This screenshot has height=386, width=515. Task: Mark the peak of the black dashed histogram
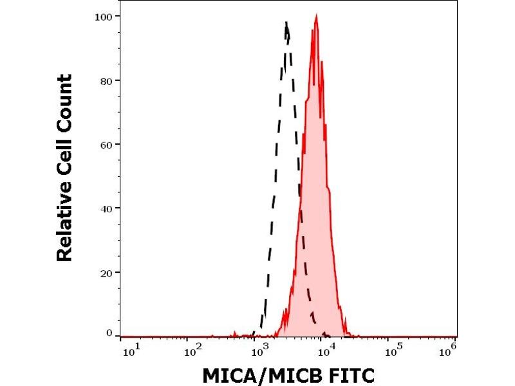tap(286, 24)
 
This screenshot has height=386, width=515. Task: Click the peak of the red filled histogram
tap(316, 16)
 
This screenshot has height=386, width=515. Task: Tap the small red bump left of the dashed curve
tap(235, 333)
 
